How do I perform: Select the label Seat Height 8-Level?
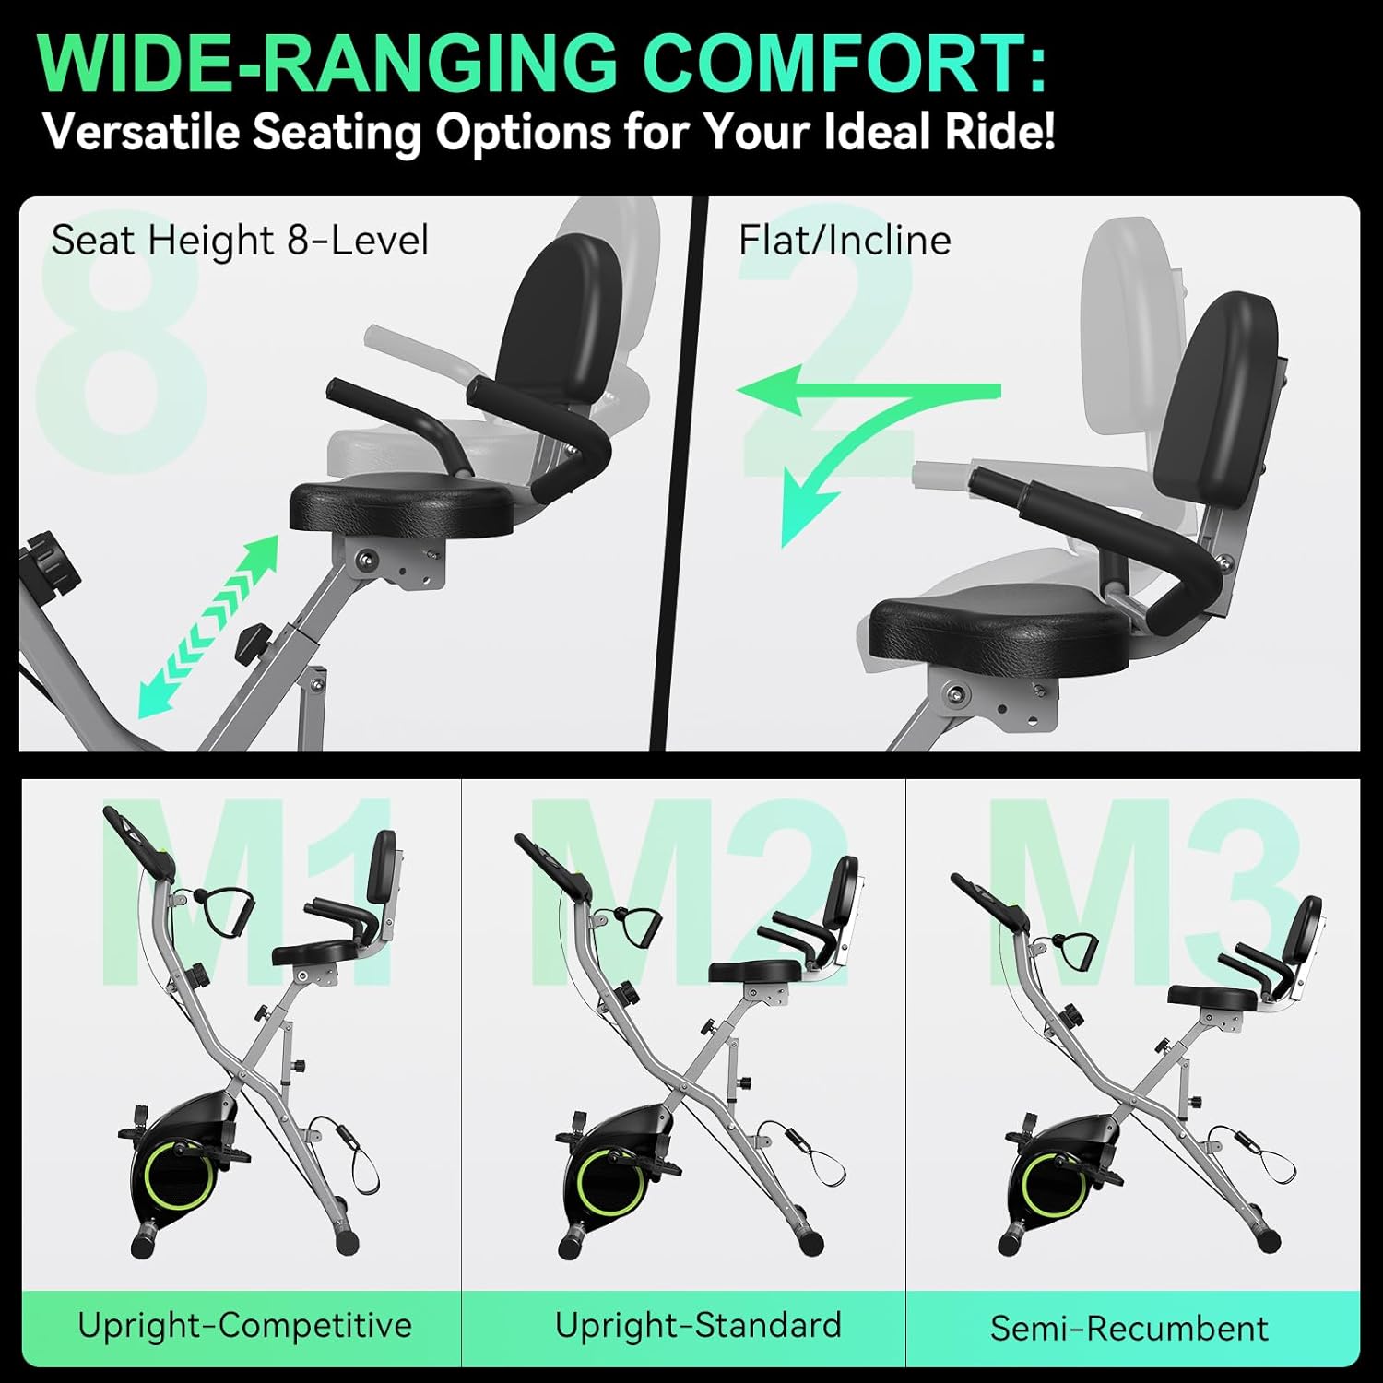coord(240,241)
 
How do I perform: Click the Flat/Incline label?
coord(844,241)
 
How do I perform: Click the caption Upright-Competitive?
coord(244,1325)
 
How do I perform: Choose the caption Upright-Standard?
coord(698,1325)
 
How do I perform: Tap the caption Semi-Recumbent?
coord(1129,1328)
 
